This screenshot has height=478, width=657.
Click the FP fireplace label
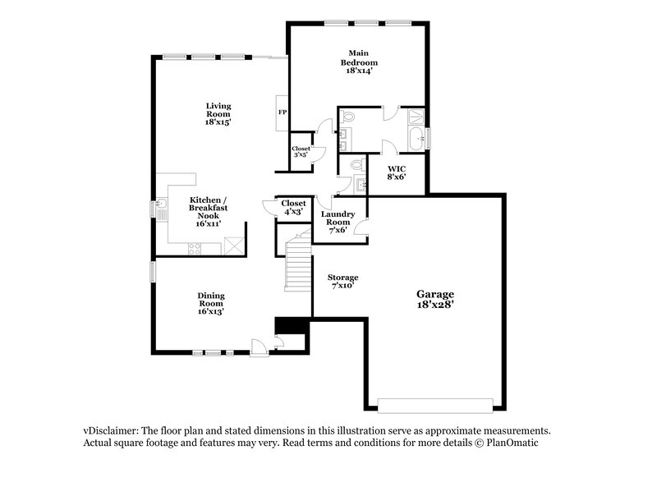click(x=282, y=112)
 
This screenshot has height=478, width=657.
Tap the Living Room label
click(x=218, y=113)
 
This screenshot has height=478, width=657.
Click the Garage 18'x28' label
click(x=434, y=298)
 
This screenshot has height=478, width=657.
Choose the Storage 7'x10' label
click(x=342, y=282)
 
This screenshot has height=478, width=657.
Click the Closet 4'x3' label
click(x=293, y=207)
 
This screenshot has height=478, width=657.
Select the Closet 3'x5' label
click(x=301, y=151)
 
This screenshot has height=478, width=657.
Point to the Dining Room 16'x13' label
click(x=210, y=303)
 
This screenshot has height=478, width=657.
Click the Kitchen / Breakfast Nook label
click(x=209, y=211)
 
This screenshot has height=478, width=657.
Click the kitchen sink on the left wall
click(x=163, y=209)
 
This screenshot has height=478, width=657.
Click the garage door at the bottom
click(x=434, y=404)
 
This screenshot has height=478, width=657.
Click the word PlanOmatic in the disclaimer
click(x=512, y=442)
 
